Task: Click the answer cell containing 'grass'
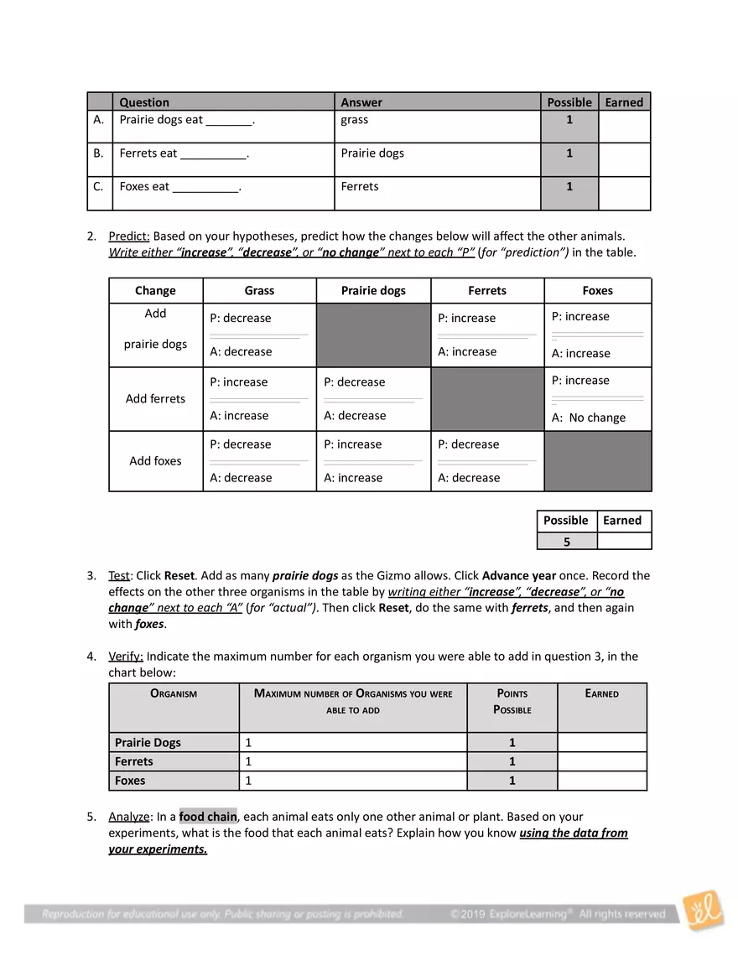355,120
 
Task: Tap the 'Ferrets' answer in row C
360,187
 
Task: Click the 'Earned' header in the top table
624,102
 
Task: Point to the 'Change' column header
155,291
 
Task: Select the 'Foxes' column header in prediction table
597,291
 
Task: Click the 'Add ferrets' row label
155,399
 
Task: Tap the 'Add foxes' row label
155,461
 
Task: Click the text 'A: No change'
588,418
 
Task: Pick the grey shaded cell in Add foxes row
597,461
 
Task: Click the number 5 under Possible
566,542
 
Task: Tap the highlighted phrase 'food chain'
208,817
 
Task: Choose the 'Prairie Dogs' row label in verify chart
148,743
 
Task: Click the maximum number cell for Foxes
352,781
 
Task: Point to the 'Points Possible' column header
512,702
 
